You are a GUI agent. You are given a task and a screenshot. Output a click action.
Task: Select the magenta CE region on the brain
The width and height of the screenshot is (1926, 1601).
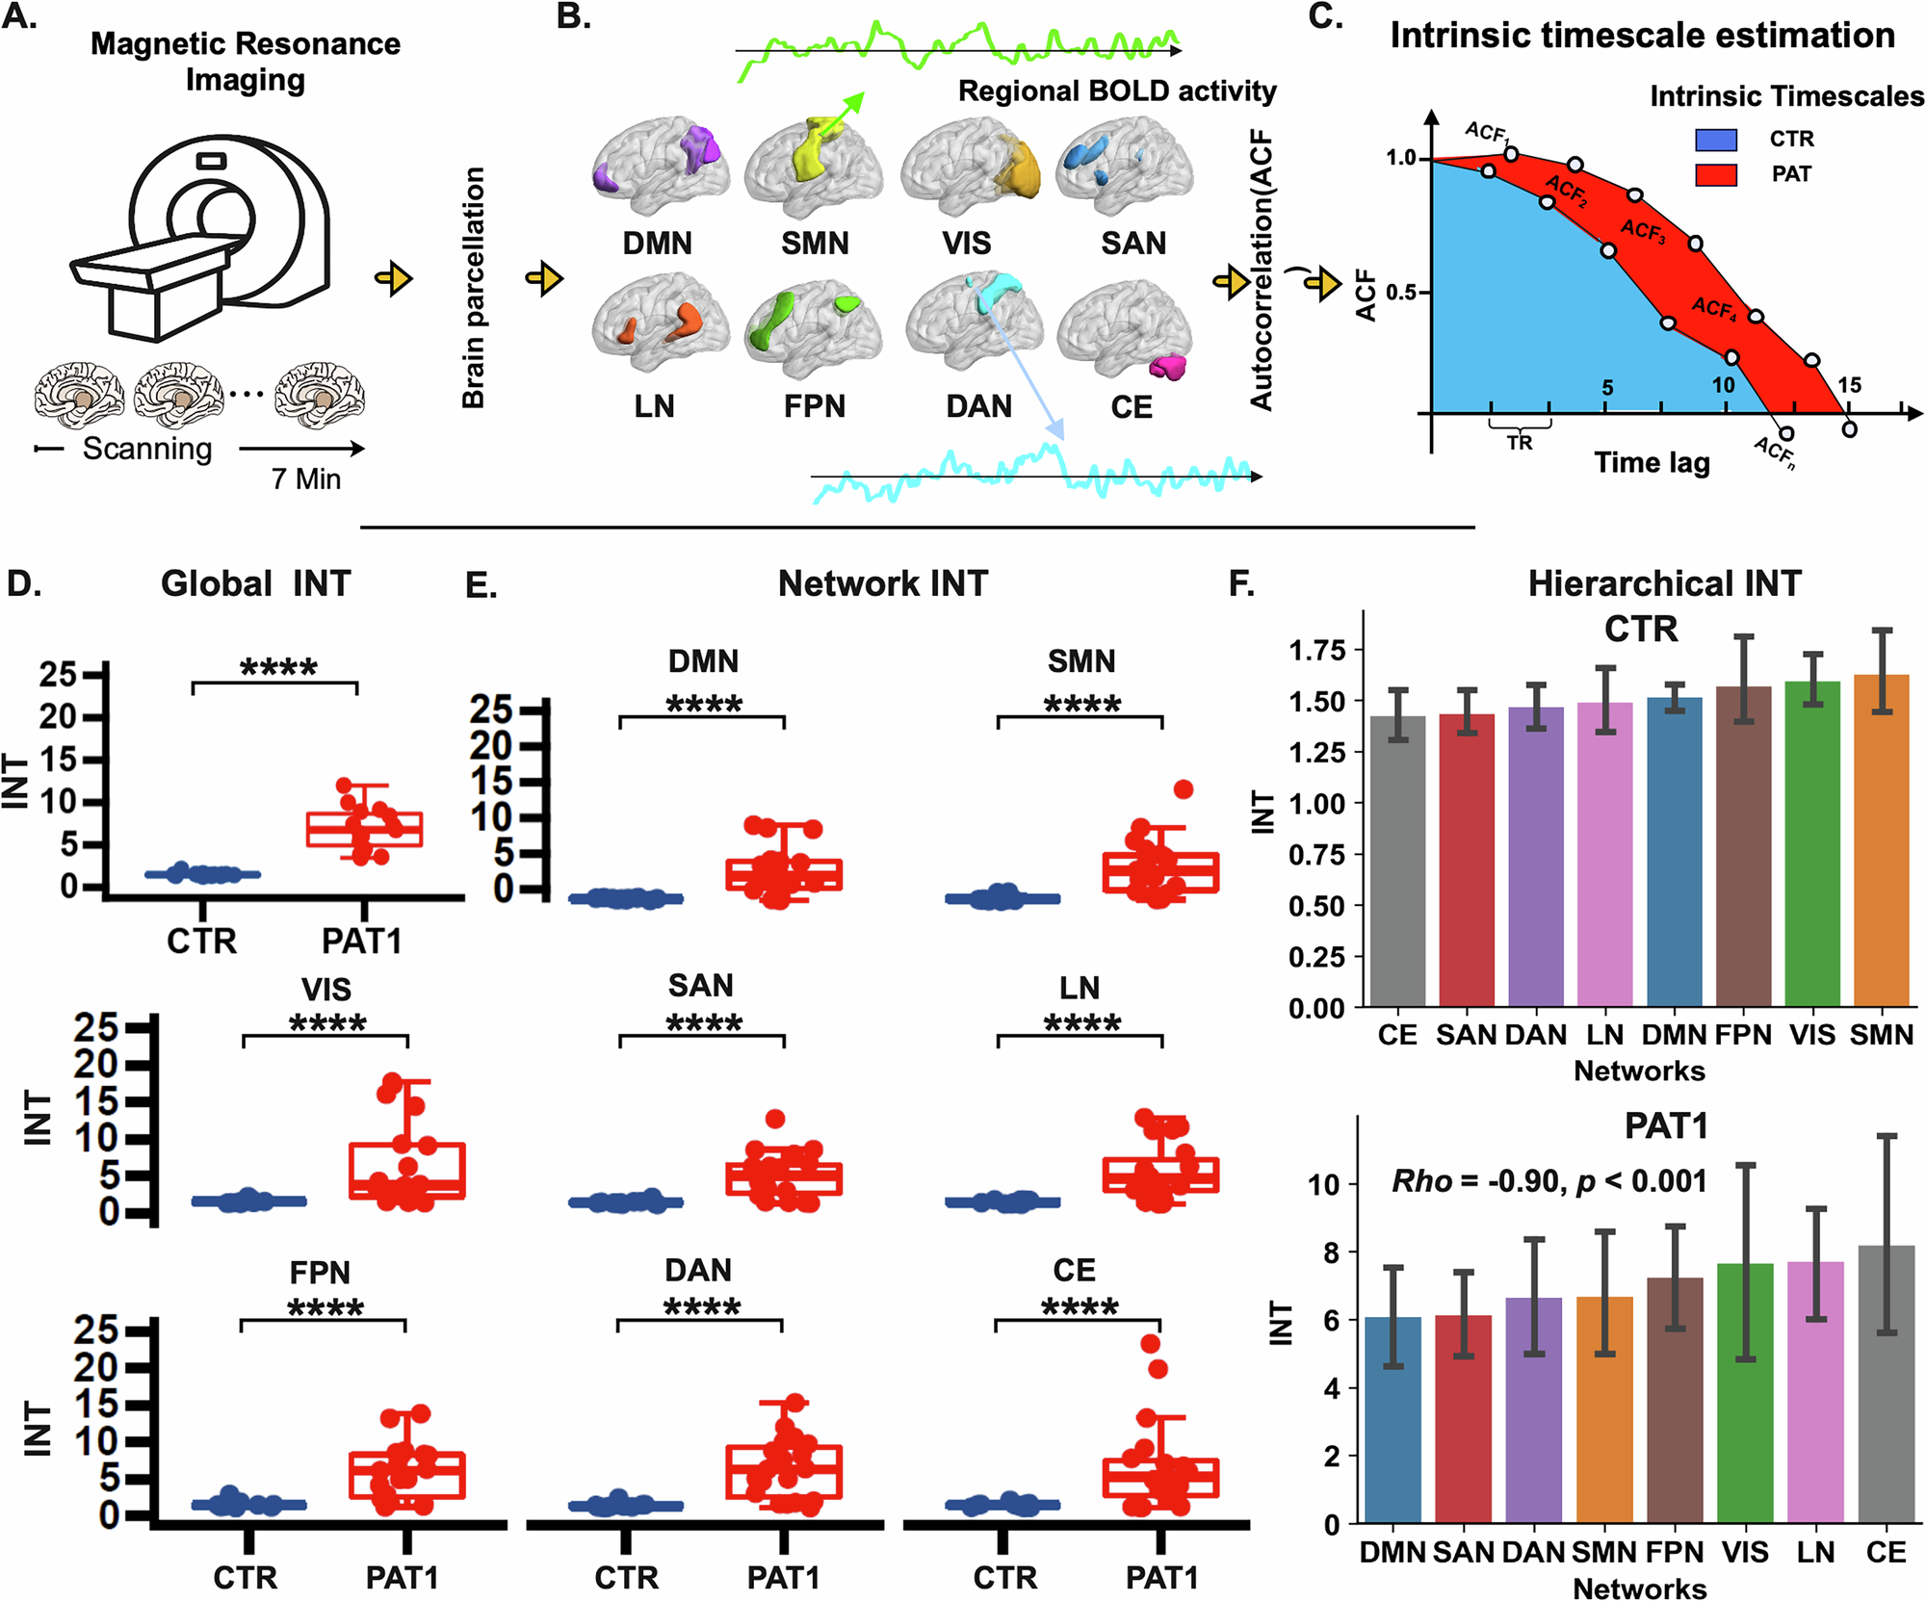(1168, 367)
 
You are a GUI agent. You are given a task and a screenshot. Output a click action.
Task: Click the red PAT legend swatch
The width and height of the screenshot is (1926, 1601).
(1715, 174)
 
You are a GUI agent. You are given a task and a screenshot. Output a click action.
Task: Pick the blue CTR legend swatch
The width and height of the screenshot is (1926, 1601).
(1715, 140)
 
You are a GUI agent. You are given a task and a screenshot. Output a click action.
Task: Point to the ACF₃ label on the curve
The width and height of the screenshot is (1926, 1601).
(1642, 230)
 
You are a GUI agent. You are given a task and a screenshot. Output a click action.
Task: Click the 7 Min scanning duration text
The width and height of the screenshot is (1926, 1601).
(306, 478)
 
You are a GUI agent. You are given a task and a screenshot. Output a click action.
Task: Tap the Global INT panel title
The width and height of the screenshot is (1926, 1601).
(255, 583)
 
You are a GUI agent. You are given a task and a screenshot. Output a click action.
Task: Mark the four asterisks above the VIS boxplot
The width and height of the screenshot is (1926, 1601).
(327, 1023)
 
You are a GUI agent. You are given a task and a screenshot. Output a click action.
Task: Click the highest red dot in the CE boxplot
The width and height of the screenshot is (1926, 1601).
(1151, 1344)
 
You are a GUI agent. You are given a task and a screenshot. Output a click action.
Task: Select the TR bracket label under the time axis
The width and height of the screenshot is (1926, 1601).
(1520, 443)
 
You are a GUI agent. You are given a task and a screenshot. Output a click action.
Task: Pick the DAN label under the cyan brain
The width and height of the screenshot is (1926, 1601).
(978, 406)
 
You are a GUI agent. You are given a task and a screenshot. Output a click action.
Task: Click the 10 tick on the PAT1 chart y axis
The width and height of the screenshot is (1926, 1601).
(1325, 1184)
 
